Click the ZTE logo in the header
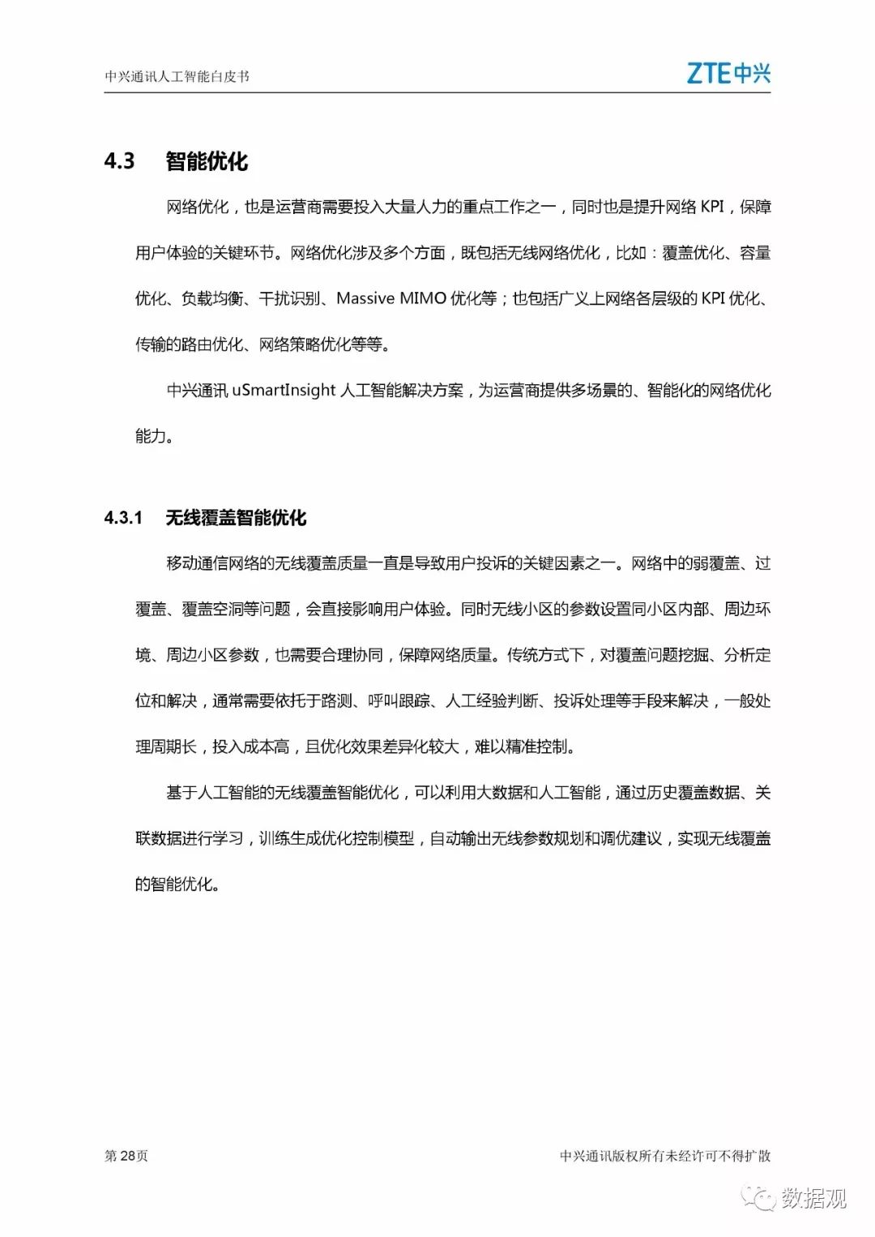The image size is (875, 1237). point(728,73)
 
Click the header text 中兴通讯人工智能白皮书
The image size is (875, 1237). point(177,77)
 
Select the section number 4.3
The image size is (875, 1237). point(119,161)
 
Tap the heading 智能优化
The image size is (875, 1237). point(207,161)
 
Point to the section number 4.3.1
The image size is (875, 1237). point(123,518)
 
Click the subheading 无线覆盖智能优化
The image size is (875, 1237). point(236,518)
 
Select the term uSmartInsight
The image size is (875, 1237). point(284,390)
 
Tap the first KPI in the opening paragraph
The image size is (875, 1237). point(712,207)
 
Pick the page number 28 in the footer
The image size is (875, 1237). point(127,1156)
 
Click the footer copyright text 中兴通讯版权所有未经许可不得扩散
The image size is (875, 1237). point(664,1156)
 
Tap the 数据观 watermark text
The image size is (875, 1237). point(813,1197)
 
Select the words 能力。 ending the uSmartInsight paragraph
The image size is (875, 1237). point(154,436)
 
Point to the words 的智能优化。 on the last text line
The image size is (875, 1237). point(177,884)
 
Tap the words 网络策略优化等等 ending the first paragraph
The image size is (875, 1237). point(320,345)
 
